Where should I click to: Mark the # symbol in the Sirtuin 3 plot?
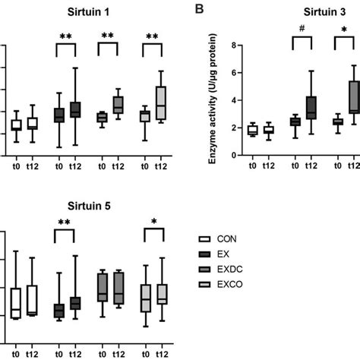point(302,32)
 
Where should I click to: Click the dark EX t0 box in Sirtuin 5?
point(58,311)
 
